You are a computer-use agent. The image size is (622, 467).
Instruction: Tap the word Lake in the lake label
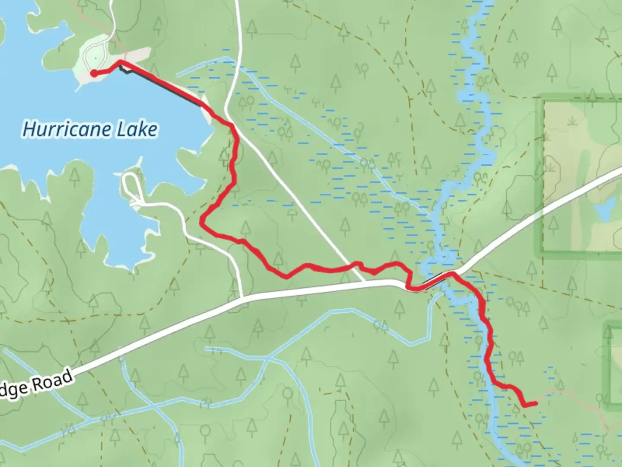pos(138,130)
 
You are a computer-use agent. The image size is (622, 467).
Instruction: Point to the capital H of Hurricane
pos(29,129)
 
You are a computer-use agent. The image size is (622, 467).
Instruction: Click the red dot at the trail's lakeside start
pos(94,74)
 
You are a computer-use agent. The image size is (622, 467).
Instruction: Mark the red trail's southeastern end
pos(536,403)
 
